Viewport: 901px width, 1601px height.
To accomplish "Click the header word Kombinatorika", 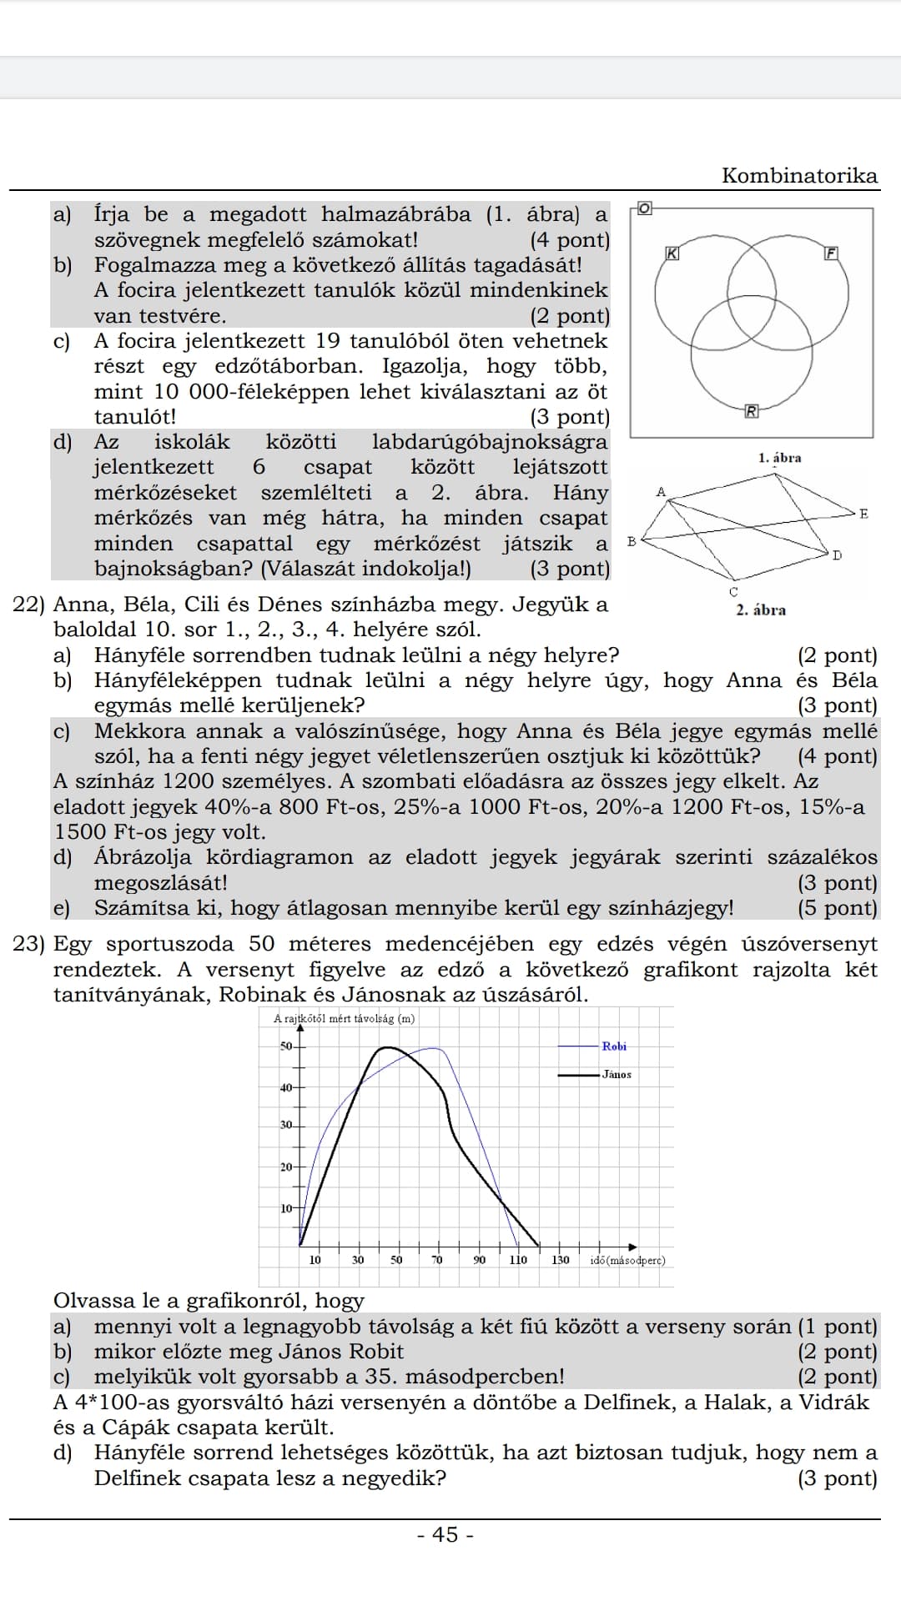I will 799,176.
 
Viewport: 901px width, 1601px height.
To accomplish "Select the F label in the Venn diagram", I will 831,253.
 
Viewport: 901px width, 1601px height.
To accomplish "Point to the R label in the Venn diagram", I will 752,410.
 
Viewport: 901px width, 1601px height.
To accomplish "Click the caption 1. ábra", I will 779,458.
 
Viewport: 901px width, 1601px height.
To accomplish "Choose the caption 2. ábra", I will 760,610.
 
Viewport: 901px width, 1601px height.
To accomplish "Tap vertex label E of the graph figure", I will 863,514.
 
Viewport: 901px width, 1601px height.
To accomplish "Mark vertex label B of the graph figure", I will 632,541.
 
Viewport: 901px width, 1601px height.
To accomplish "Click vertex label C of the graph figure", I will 733,591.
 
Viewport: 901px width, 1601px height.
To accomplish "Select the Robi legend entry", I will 614,1046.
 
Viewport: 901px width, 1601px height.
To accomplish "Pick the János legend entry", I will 617,1074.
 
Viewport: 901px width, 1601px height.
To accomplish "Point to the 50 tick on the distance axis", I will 286,1046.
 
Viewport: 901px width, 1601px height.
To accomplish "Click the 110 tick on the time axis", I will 518,1260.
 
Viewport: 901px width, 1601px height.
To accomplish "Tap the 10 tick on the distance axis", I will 286,1208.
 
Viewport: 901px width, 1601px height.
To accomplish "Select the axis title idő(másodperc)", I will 627,1260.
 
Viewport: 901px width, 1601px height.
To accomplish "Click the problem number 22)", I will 30,605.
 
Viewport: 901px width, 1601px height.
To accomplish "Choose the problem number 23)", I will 30,944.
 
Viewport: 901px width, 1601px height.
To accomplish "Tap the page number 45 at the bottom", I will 446,1534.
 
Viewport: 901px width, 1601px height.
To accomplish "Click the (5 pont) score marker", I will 838,908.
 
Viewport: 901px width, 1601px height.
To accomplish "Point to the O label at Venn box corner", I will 644,207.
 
